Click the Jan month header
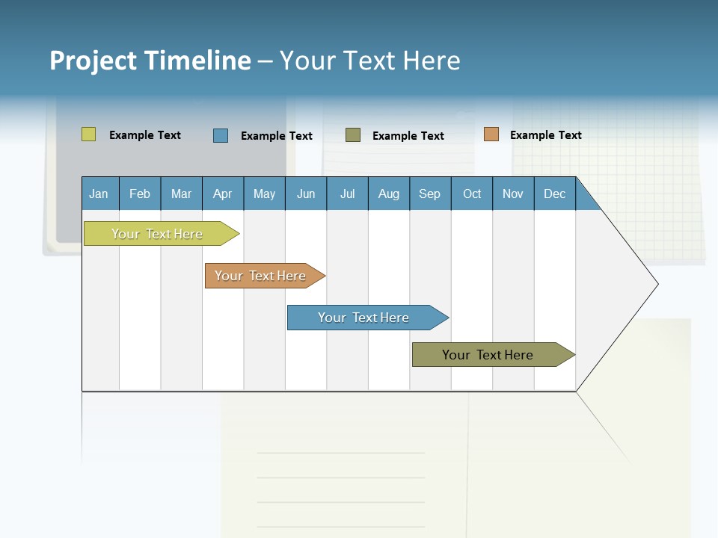(99, 194)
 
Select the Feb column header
(140, 194)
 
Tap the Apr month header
(223, 194)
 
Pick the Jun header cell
(306, 194)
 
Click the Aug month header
(389, 194)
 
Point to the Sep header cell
(430, 194)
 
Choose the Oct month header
(472, 194)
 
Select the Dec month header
(555, 194)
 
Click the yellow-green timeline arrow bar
(158, 234)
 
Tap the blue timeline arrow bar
(364, 318)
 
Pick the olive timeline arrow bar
(488, 355)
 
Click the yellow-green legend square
(89, 134)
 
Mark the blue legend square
(221, 135)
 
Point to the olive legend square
(353, 135)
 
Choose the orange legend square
(491, 134)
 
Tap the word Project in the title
(93, 61)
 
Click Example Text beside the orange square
(545, 135)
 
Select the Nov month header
(513, 194)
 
